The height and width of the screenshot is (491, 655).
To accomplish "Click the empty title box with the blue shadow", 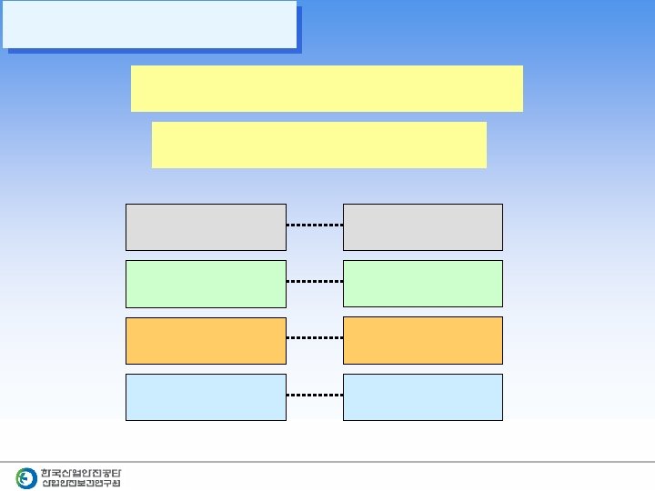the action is pos(149,25).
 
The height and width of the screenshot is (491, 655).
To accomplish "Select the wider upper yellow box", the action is pos(327,88).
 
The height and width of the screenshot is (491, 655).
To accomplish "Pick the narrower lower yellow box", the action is pos(318,145).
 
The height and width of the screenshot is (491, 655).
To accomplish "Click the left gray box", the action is pos(206,226).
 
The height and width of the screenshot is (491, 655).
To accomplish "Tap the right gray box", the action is pos(422,226).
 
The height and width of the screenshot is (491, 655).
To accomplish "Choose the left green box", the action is pos(206,283).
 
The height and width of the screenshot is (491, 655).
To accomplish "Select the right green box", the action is pos(422,283).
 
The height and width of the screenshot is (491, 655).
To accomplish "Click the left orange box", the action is pos(206,340).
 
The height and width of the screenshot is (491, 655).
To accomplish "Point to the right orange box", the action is pos(422,340).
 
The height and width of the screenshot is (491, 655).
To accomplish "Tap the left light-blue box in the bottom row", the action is pos(206,396).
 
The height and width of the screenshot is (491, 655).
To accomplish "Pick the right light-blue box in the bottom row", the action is pos(422,396).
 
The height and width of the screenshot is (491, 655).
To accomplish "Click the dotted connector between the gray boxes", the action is pos(314,225).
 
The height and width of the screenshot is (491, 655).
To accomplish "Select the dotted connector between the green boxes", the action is pos(314,282).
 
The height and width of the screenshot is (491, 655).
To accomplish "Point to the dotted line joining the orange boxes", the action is pos(314,337).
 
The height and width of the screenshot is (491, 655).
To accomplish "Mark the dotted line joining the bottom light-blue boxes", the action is pos(314,396).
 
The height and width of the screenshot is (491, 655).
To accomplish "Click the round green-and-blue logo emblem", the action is pos(26,478).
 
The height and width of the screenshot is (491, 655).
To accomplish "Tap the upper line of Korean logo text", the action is pos(81,473).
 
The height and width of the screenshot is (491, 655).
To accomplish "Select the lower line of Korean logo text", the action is pos(81,484).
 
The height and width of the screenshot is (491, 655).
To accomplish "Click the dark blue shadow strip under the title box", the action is pos(155,51).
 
